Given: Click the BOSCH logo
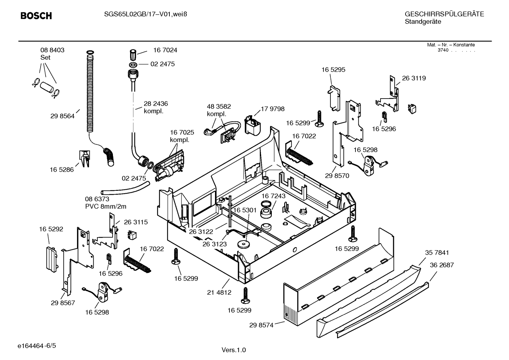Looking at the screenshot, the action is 36,16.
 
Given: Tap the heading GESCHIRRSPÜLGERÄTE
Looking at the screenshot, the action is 444,14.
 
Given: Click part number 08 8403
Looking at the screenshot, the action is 52,50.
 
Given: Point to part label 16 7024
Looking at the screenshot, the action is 165,50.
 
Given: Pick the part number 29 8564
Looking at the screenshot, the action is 62,116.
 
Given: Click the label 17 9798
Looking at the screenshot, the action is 273,109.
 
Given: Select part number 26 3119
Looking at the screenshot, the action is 414,78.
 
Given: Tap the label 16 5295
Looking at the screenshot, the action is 333,70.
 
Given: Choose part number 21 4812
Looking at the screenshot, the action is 219,293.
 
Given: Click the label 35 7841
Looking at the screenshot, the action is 437,253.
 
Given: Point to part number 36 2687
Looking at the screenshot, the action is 442,265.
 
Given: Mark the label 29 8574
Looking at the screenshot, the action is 261,325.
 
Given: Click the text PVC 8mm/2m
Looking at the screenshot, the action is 106,206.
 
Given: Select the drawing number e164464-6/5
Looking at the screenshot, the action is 37,346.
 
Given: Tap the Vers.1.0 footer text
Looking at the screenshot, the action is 234,350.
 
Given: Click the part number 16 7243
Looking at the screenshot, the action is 273,196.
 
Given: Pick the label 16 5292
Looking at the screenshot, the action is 51,229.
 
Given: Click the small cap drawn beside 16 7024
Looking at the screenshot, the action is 133,54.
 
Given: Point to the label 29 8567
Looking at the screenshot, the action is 63,303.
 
